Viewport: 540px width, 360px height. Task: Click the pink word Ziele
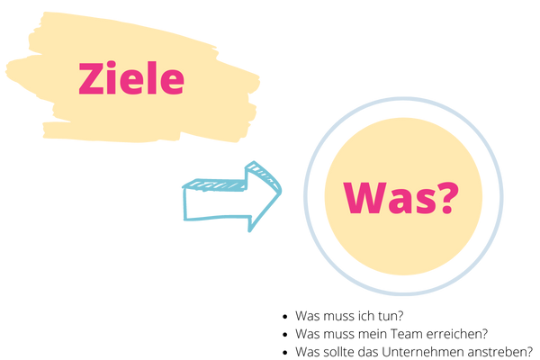(131, 78)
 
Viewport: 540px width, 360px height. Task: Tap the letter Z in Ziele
(91, 78)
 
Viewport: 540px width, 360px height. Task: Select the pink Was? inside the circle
(401, 198)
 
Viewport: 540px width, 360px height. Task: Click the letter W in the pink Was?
(365, 198)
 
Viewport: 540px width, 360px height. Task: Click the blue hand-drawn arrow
(232, 196)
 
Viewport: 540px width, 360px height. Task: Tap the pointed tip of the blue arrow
(281, 191)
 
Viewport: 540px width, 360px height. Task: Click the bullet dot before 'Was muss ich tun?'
(284, 316)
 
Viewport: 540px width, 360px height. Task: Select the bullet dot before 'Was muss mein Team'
(284, 334)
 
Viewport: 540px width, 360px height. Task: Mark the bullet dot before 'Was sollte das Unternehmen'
(284, 353)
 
